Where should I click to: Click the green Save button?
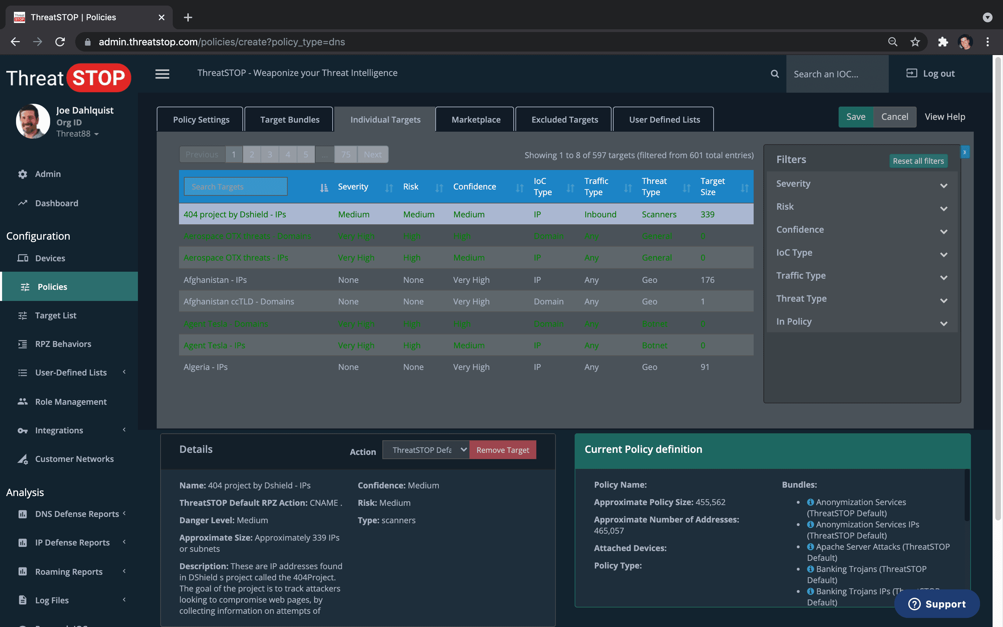click(855, 117)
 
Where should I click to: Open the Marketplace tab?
click(475, 120)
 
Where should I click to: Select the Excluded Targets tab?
click(564, 120)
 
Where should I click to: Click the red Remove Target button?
click(502, 450)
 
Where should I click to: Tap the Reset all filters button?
click(918, 161)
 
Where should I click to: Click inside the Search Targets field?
click(235, 187)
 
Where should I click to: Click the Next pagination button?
click(372, 155)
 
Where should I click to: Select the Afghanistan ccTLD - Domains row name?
click(239, 301)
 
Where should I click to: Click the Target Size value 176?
click(707, 280)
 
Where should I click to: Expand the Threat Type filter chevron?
click(943, 300)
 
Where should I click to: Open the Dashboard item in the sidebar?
click(56, 203)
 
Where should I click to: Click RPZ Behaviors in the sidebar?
click(63, 344)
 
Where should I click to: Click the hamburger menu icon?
click(162, 74)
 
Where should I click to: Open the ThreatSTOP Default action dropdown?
click(426, 450)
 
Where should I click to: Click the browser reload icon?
click(60, 42)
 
